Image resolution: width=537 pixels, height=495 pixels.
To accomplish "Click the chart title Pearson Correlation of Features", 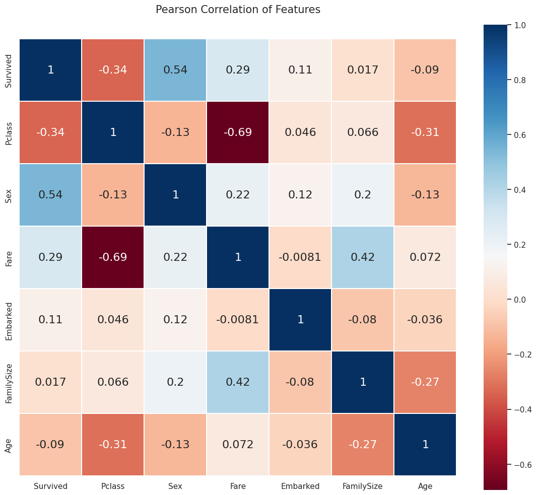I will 238,10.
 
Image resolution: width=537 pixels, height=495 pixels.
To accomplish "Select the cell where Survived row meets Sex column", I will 175,70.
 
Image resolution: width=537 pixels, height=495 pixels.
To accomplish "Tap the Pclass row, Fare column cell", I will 238,132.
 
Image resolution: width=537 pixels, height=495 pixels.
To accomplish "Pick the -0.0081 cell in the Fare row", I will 300,257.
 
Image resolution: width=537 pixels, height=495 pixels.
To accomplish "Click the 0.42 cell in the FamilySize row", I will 238,382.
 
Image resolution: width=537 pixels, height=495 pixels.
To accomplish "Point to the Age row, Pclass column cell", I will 113,445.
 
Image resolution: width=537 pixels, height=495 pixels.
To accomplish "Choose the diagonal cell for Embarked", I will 300,320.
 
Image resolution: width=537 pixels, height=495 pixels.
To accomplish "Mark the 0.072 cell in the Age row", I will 238,445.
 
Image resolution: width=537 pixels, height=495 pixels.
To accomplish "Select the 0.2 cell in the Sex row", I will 363,195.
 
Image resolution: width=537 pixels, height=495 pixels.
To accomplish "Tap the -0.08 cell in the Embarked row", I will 363,320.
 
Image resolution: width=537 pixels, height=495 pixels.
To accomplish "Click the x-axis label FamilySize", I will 363,486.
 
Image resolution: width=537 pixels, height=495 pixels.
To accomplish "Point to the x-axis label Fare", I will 238,486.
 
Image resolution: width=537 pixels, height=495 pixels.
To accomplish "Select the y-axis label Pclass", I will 9,132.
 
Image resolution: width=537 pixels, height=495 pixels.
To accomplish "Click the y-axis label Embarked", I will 9,320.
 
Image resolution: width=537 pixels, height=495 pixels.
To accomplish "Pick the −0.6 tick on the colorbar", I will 522,464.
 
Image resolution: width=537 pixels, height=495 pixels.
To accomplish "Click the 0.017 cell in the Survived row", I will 363,70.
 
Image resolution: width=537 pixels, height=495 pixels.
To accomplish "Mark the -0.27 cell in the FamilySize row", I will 425,382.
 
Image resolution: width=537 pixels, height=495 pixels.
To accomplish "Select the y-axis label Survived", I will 9,70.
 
